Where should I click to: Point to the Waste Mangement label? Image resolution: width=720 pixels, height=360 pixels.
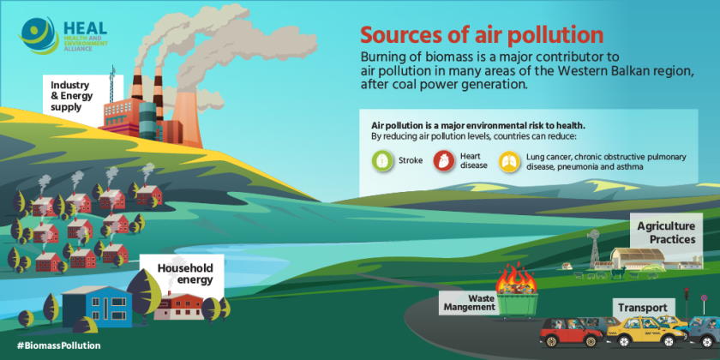[x=469, y=301]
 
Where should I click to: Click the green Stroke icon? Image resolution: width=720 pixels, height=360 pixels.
[x=381, y=160]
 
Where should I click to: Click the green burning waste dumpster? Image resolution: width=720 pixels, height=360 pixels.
[x=525, y=303]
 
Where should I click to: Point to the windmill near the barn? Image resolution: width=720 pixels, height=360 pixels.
[x=591, y=239]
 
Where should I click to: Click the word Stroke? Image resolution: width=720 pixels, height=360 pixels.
[x=411, y=160]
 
